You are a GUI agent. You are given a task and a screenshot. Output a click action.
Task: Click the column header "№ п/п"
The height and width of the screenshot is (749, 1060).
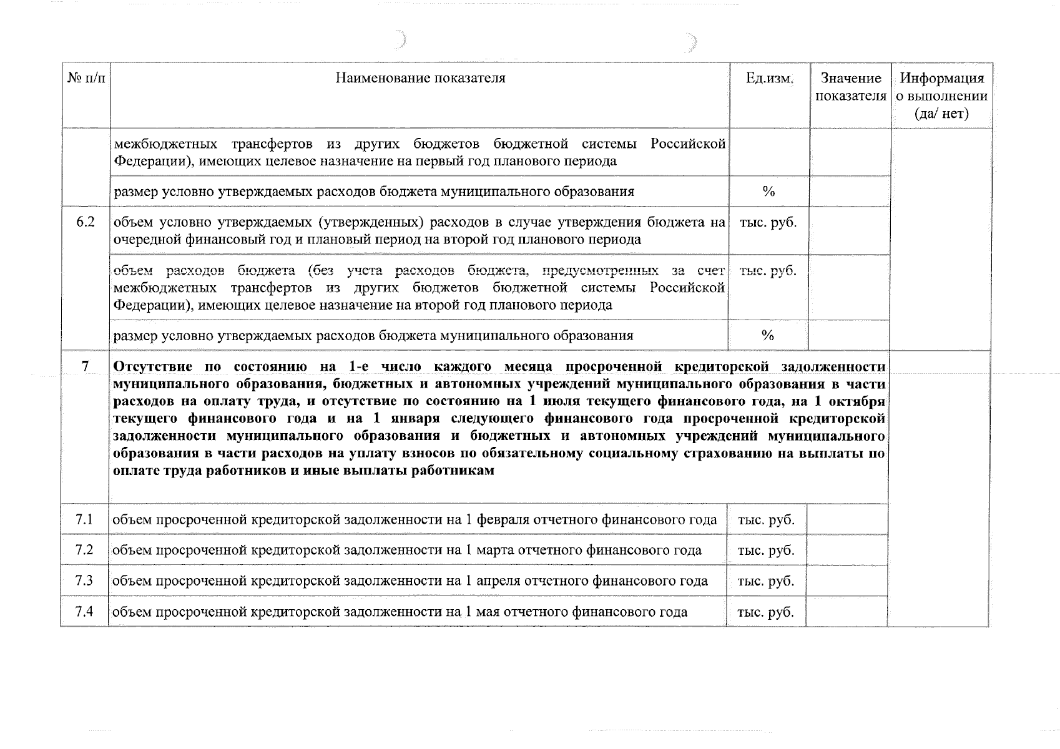click(x=86, y=79)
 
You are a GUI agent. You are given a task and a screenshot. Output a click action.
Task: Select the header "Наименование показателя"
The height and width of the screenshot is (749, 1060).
click(x=420, y=79)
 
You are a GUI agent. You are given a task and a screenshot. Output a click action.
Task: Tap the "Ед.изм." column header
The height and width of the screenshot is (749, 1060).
click(x=770, y=79)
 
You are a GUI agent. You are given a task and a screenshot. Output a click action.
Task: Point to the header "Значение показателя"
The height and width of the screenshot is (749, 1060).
click(x=851, y=87)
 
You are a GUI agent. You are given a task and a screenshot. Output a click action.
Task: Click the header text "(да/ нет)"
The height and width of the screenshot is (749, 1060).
click(x=941, y=114)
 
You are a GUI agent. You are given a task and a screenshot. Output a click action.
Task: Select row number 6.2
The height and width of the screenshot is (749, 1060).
click(x=86, y=222)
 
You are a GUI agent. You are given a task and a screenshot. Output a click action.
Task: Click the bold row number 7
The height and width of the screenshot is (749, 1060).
click(x=86, y=366)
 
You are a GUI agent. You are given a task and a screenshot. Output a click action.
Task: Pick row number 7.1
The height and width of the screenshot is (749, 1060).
click(x=84, y=519)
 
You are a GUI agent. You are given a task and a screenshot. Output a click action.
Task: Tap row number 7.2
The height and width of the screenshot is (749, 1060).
click(x=84, y=550)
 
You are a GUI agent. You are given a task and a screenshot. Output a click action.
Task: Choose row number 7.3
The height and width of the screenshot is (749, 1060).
click(x=84, y=580)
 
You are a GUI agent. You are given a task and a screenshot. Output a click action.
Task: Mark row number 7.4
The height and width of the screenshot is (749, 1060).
click(x=84, y=611)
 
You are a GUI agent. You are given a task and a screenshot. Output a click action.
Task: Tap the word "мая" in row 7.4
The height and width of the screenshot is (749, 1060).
click(x=487, y=612)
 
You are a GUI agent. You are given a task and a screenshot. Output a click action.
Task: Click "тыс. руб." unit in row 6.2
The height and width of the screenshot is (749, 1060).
click(x=768, y=223)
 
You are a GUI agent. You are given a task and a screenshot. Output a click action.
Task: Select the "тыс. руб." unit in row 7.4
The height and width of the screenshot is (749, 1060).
click(x=766, y=612)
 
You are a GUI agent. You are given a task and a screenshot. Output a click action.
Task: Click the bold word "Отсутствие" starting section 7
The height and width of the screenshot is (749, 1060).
click(x=152, y=366)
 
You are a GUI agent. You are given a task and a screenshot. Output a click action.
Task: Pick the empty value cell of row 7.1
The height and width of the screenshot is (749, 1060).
click(x=847, y=519)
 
